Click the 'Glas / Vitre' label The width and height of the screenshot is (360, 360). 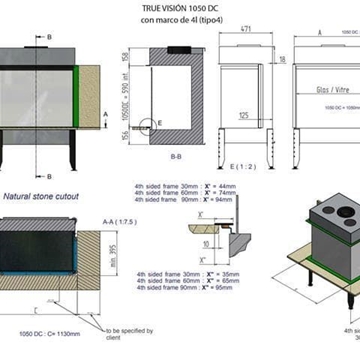click(319, 89)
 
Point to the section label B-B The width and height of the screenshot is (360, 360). click(176, 157)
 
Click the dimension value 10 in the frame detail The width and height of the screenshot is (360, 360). click(206, 241)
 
